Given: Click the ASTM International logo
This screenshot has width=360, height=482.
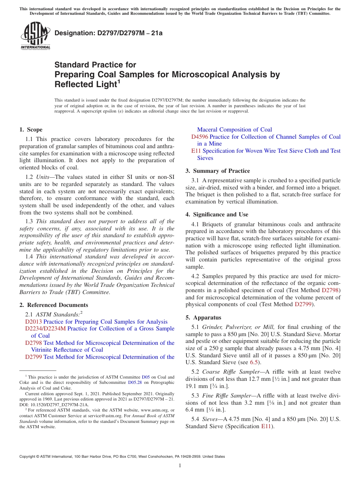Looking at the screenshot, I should pos(35,36).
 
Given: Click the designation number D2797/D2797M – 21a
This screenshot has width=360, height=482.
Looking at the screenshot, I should pos(108,33).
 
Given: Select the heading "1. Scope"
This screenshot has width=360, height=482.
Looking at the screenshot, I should pos(31,130).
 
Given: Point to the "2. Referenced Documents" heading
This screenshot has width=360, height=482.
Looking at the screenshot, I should pos(54,305).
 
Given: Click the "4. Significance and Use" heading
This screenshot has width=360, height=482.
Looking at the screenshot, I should pos(217,214).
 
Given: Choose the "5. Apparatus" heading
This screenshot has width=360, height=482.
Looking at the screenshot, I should pos(203,318).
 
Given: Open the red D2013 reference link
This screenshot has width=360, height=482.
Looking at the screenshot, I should pos(34,322).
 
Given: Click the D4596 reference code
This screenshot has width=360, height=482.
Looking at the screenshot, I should pos(199,137).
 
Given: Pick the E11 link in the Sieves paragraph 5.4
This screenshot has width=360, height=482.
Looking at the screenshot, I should pos(266,426).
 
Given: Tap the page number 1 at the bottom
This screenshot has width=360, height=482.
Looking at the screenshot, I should pos(180,465).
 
